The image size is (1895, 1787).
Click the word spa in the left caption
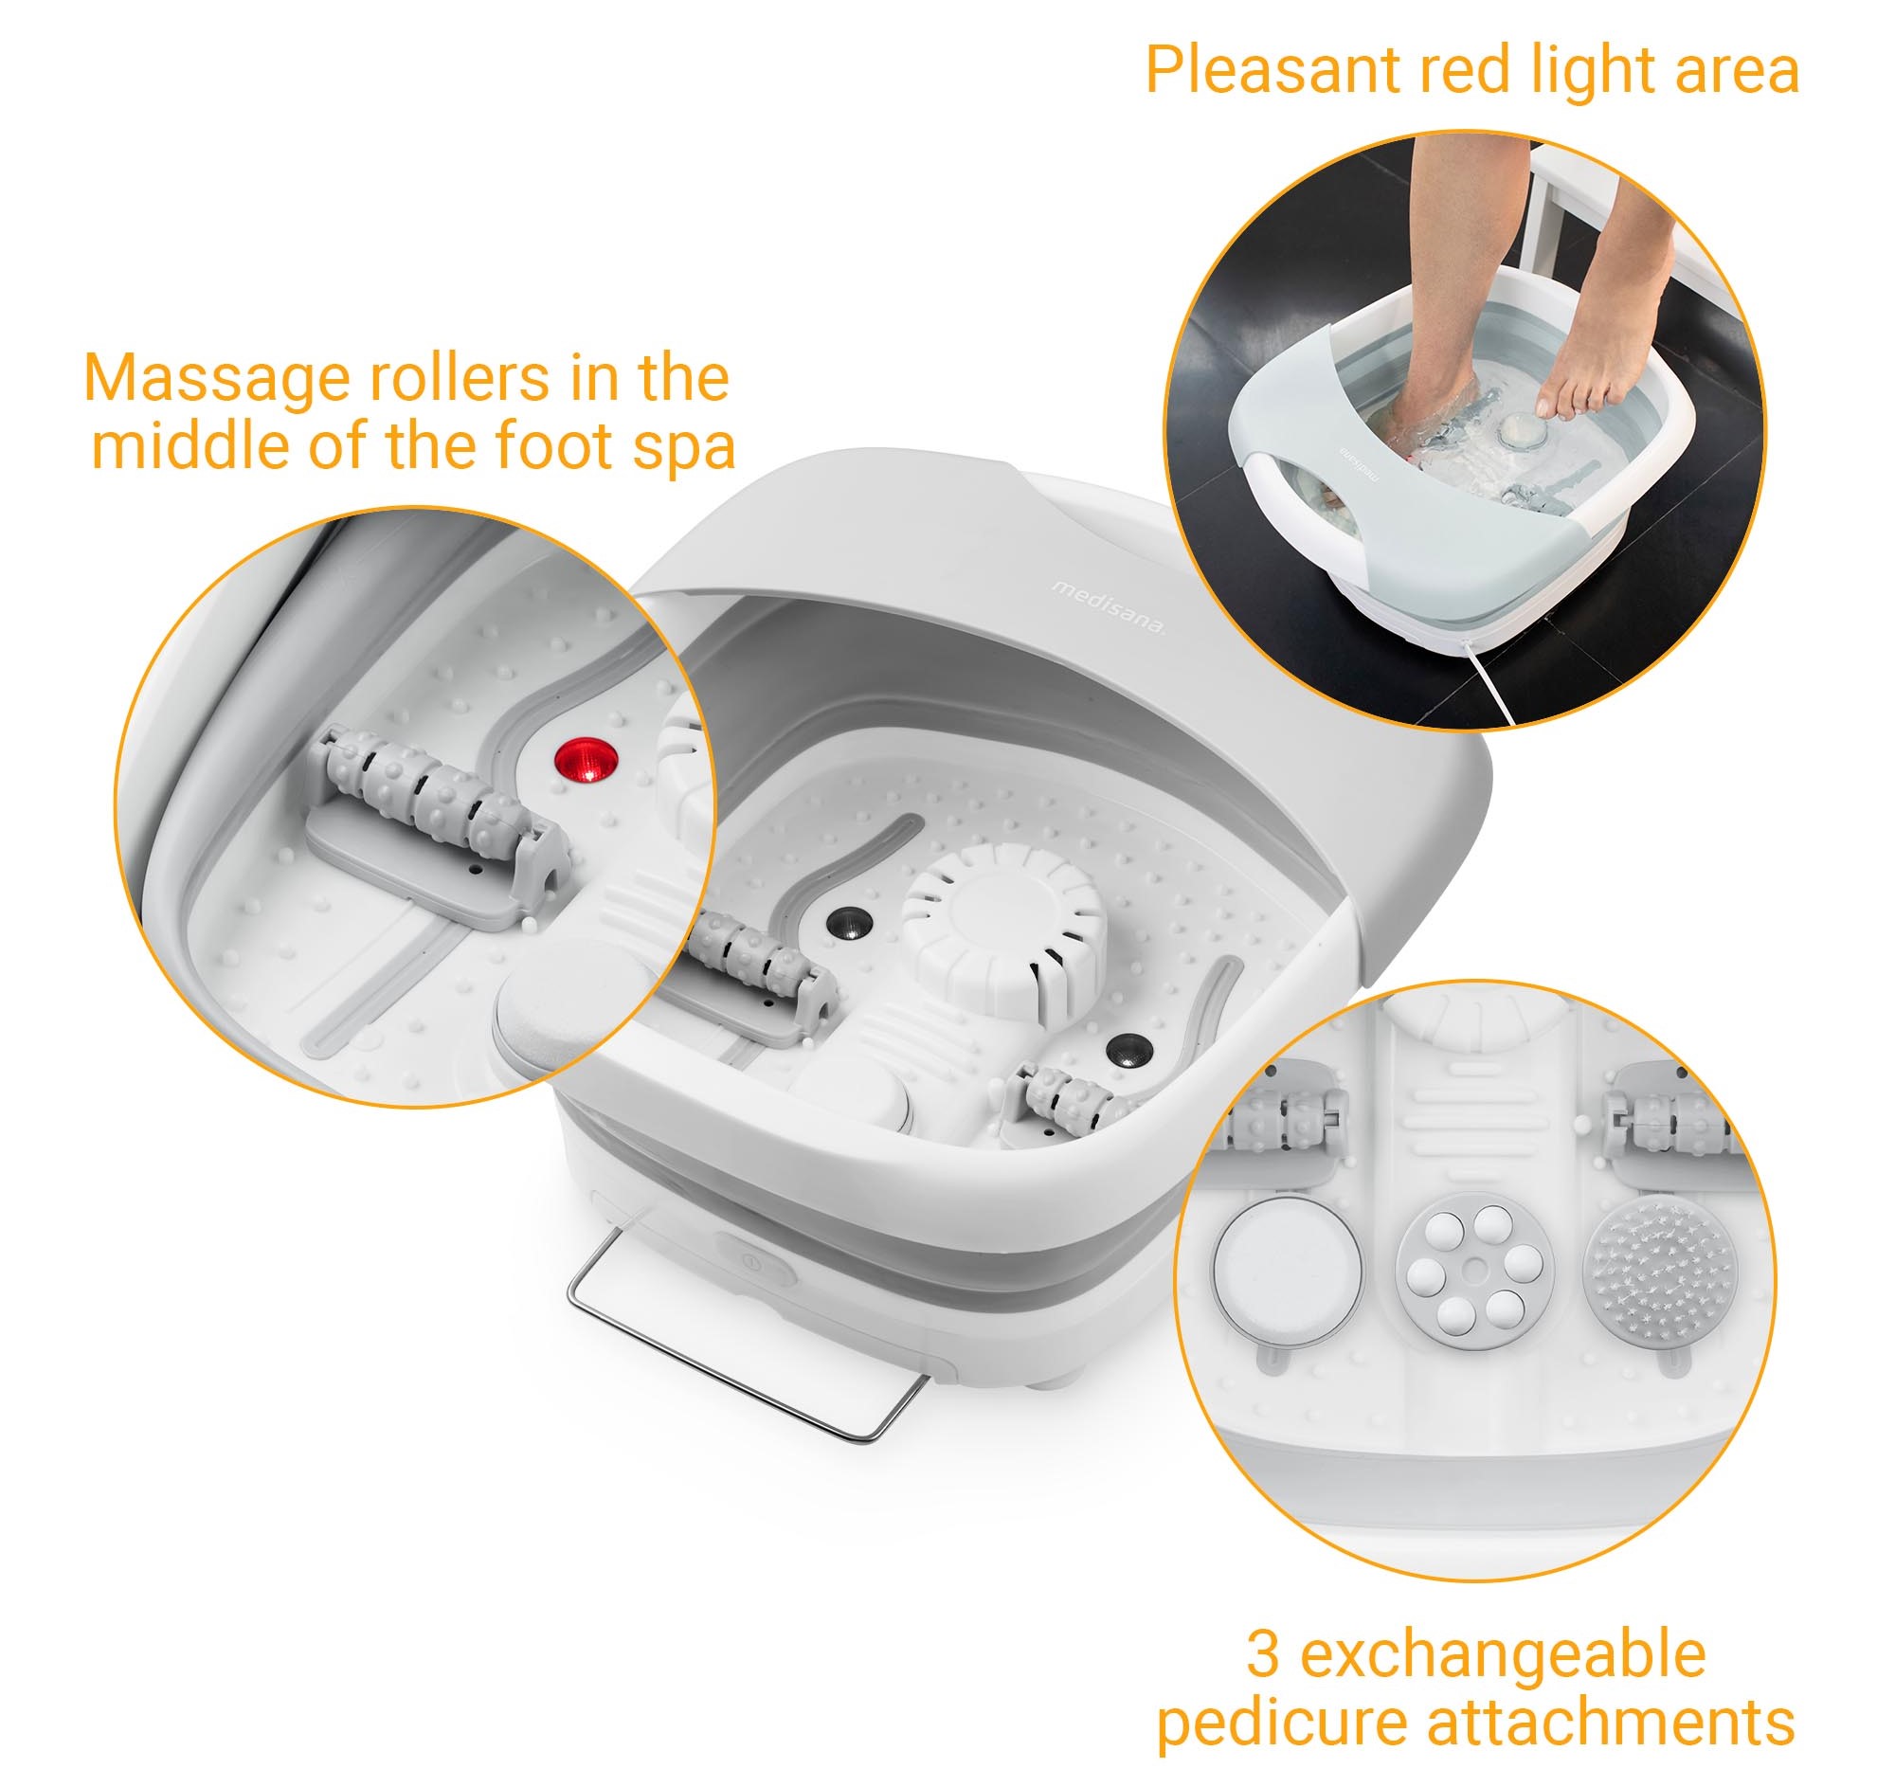tap(684, 449)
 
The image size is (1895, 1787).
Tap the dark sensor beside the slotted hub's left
tap(846, 922)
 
